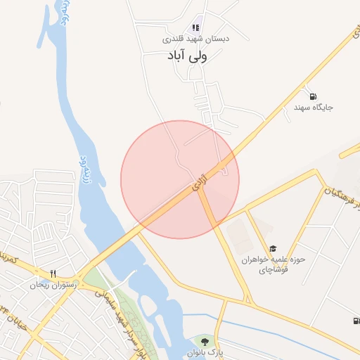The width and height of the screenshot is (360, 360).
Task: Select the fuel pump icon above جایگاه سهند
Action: [x=312, y=96]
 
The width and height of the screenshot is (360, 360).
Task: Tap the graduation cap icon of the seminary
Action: [x=273, y=248]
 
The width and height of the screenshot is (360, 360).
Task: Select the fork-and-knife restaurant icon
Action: [x=53, y=274]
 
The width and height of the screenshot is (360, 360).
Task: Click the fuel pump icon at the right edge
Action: [x=355, y=321]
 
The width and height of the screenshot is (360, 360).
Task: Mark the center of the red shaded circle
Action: [x=180, y=179]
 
